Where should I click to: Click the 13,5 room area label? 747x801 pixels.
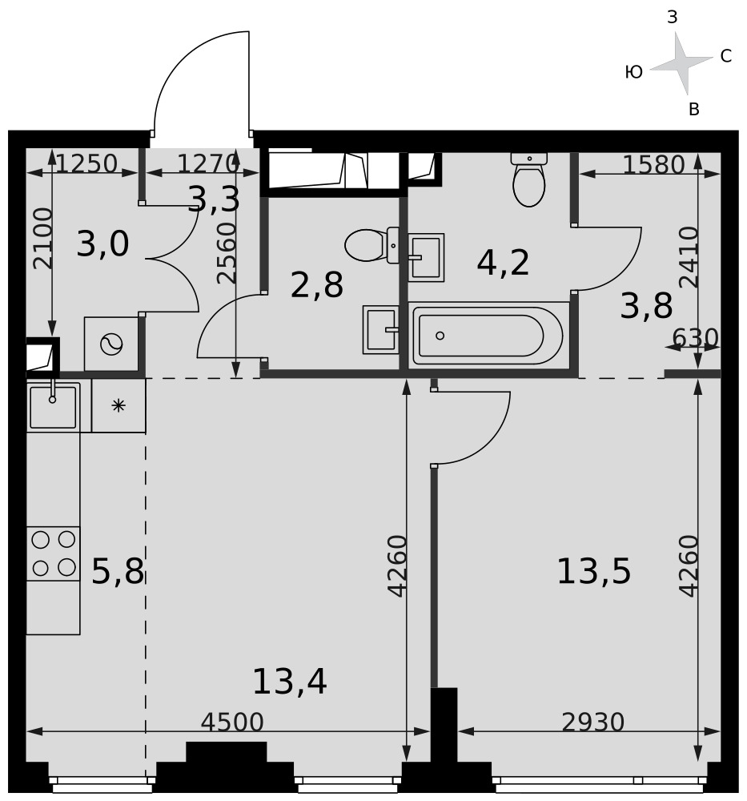[594, 571]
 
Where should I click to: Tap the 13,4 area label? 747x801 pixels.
[290, 682]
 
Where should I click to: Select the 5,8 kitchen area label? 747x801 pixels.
[118, 571]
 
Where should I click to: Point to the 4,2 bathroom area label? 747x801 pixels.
[503, 263]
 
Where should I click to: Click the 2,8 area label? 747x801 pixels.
[316, 285]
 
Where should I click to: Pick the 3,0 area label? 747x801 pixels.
[102, 244]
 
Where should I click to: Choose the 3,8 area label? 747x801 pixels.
[646, 307]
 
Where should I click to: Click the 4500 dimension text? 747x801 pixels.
[232, 722]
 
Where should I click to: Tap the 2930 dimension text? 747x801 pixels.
[592, 722]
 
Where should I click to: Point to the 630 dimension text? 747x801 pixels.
[696, 338]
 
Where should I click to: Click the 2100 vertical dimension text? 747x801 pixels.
[43, 239]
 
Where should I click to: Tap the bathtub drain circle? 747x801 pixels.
[440, 336]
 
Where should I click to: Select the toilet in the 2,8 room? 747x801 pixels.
[371, 246]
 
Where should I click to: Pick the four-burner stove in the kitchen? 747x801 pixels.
[53, 553]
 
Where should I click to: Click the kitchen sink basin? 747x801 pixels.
[53, 407]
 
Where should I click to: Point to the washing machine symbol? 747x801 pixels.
[111, 344]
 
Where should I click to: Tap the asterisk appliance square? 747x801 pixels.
[118, 405]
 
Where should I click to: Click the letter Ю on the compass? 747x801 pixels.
[633, 73]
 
